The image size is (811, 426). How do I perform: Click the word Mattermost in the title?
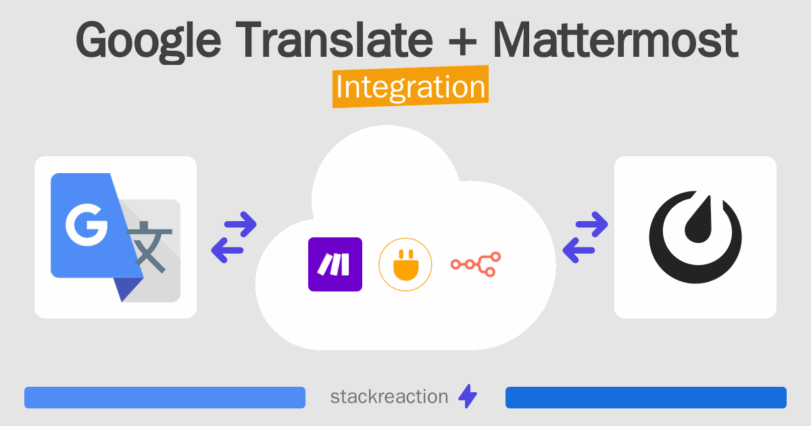pos(615,41)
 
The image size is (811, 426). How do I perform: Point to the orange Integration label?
pos(410,89)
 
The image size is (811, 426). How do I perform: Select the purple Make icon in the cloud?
pos(335,264)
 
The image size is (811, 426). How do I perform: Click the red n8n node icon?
pos(475,264)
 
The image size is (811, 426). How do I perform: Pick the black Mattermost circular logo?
pos(695,238)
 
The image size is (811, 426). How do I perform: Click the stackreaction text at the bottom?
pos(389,397)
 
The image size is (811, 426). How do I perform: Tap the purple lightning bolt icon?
pos(468,397)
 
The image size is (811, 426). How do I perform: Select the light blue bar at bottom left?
pos(165,398)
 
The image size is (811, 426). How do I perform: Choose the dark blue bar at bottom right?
pos(645,398)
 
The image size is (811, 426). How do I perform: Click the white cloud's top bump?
pos(385,162)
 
